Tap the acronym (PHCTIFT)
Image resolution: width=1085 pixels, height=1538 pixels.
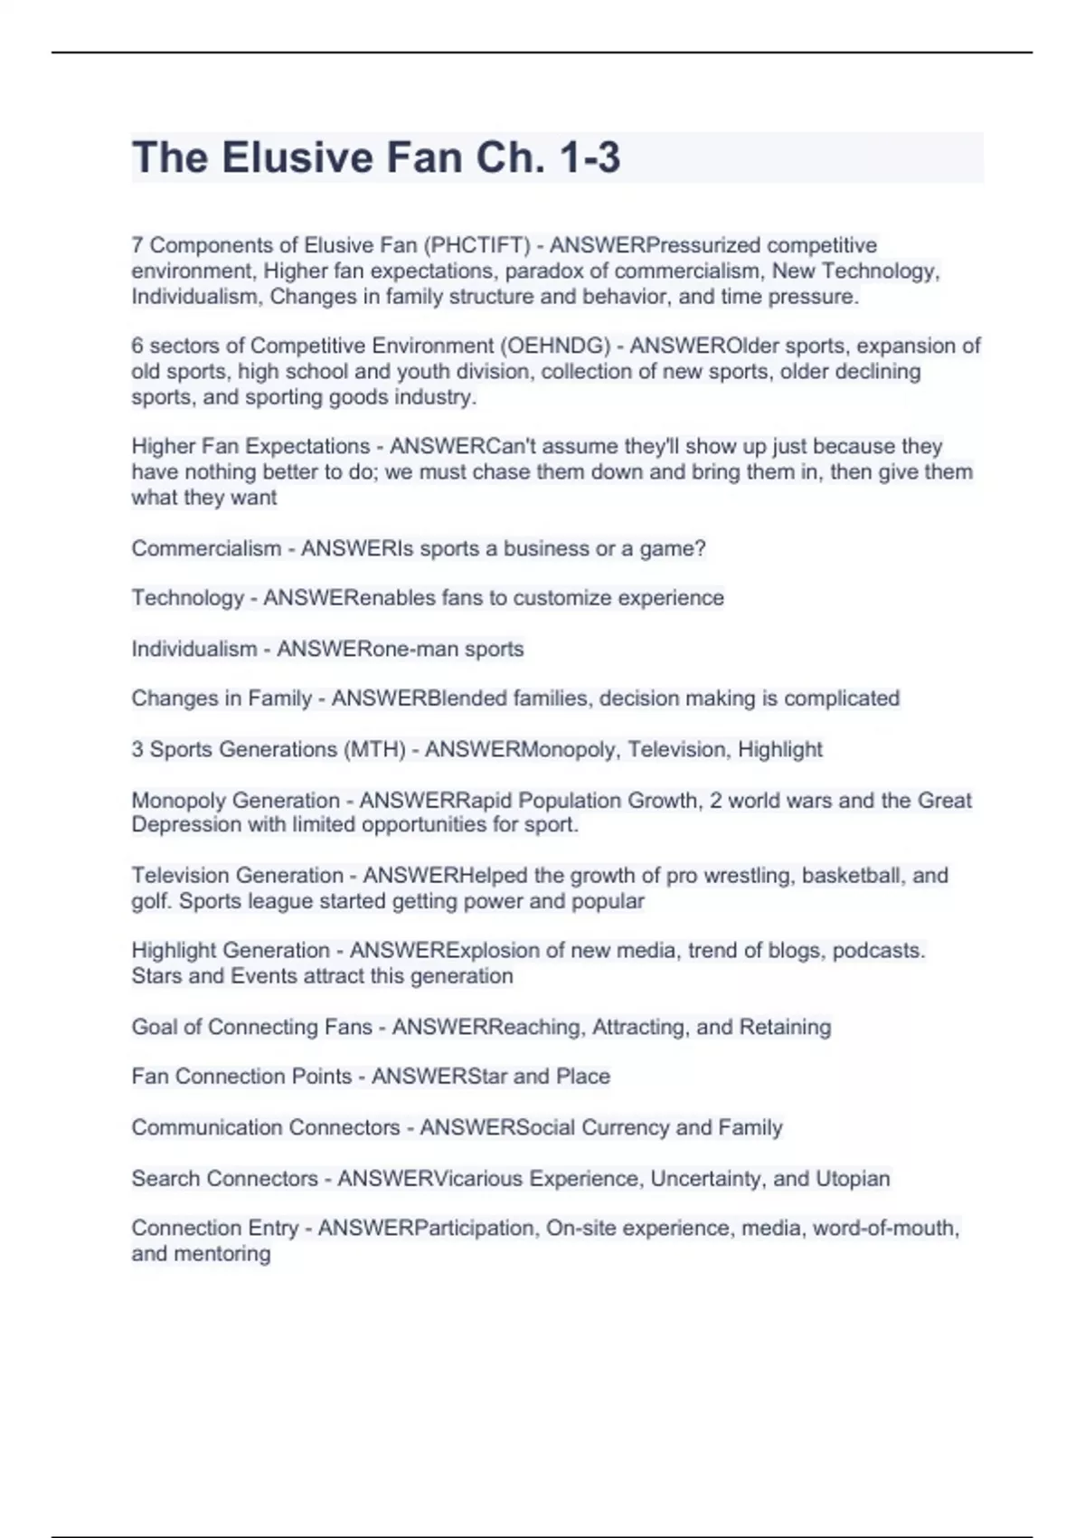(x=477, y=245)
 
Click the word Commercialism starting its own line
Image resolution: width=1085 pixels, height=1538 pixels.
(x=206, y=548)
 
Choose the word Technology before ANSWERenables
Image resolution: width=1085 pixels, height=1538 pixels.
(x=188, y=598)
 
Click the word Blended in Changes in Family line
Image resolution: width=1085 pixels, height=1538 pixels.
(x=467, y=698)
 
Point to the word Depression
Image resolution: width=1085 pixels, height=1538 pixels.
(x=184, y=824)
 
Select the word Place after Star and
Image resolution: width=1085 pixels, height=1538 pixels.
(x=583, y=1076)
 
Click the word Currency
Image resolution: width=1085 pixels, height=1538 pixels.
(x=625, y=1127)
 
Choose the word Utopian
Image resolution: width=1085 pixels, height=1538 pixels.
(x=853, y=1178)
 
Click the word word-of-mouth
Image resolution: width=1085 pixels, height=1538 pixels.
(x=885, y=1228)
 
